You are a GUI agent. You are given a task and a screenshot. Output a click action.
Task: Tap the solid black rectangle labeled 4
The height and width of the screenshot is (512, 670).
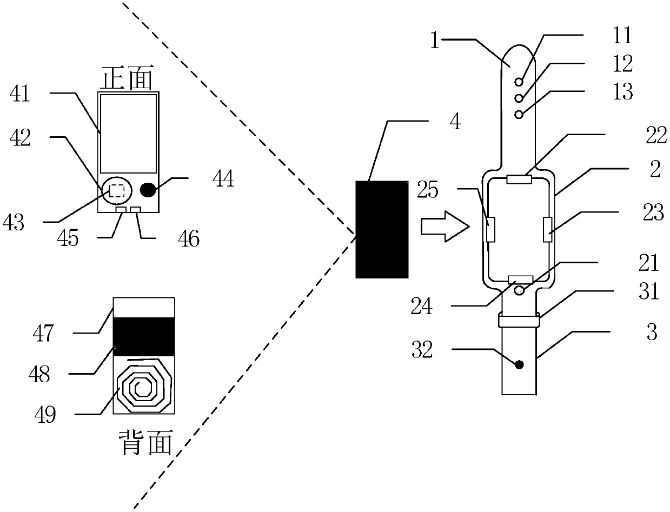click(382, 229)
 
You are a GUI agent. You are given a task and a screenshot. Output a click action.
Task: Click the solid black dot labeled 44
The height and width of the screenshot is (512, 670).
click(148, 189)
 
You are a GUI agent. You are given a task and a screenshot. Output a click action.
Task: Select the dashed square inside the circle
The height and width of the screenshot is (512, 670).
click(117, 191)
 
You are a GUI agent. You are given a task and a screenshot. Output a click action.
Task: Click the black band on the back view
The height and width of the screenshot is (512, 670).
click(144, 336)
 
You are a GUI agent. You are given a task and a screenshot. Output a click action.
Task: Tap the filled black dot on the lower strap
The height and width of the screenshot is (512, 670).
click(519, 364)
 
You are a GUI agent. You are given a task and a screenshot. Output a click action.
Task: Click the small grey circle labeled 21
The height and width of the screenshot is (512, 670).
click(519, 290)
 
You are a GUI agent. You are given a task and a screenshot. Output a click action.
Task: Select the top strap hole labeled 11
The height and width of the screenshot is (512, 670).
click(519, 82)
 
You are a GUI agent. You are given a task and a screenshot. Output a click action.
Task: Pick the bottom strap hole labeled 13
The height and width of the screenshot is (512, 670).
click(519, 115)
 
